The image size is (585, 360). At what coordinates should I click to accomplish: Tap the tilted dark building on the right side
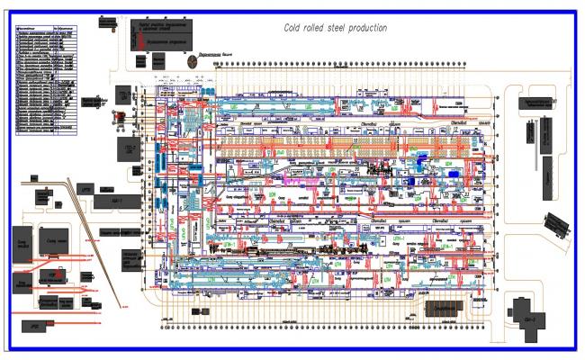[x=556, y=223]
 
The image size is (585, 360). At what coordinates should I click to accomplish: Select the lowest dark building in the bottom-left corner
[x=35, y=326]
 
